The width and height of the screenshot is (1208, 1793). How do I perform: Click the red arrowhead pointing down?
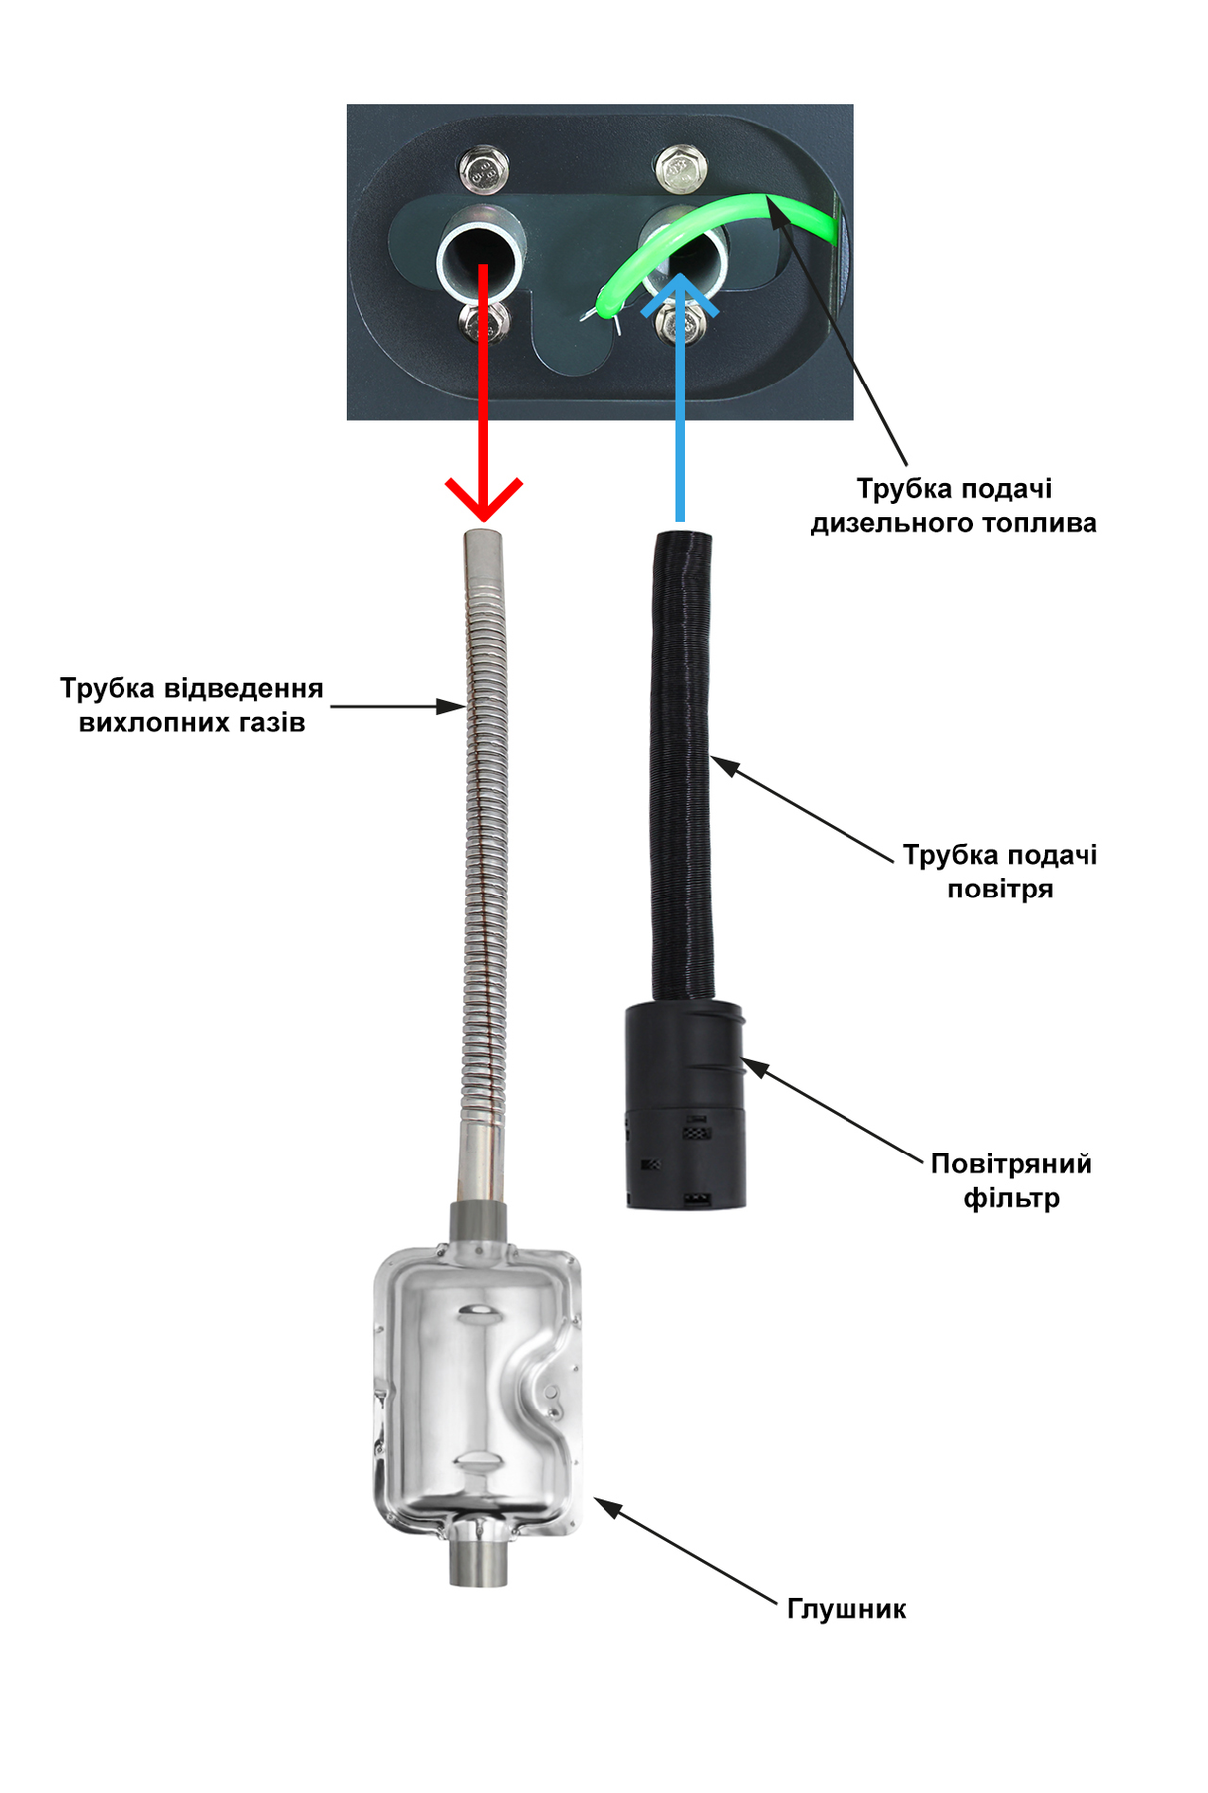(483, 500)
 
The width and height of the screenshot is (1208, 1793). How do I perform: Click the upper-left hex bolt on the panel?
(485, 171)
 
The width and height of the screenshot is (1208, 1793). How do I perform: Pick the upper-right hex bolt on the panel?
(681, 170)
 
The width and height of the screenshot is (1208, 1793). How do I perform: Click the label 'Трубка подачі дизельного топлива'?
(953, 506)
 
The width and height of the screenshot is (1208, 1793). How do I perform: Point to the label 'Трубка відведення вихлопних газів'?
(191, 705)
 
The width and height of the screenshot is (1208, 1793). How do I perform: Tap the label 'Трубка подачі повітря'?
(1000, 872)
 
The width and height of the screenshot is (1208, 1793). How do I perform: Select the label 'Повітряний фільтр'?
(1011, 1180)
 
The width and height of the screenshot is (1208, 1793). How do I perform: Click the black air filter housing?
(686, 1106)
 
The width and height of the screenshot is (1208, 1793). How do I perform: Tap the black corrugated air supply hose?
(682, 767)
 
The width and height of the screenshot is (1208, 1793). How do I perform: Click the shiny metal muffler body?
(477, 1390)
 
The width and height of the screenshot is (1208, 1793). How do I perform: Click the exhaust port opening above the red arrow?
(482, 261)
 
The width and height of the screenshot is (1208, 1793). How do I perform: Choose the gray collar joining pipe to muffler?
(479, 1222)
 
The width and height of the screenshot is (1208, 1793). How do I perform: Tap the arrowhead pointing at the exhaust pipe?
(451, 707)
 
